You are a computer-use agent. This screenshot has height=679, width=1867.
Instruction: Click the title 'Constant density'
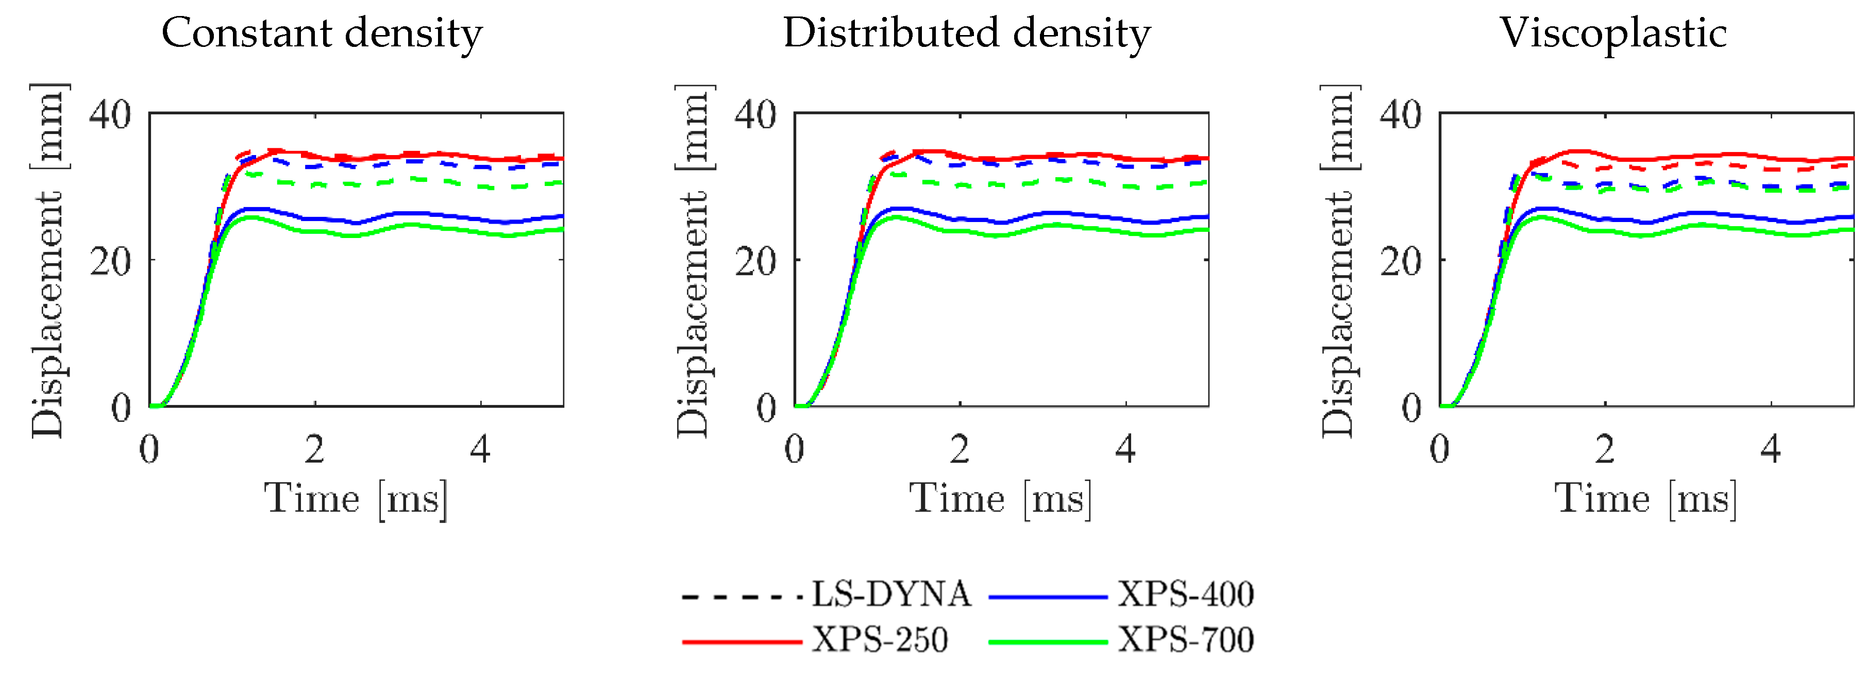pos(321,33)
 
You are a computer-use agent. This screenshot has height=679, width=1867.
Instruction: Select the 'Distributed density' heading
pos(966,33)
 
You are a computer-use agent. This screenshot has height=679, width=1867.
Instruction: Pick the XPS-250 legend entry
pos(879,640)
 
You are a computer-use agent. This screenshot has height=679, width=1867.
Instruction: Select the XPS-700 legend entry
pos(1186,640)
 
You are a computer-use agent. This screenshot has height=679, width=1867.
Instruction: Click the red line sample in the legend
pos(742,642)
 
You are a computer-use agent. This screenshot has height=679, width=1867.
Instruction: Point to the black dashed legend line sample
pos(742,597)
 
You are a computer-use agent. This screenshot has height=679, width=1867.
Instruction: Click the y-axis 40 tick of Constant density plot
pos(110,114)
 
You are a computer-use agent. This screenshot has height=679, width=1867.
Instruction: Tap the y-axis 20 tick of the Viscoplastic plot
pos(1400,262)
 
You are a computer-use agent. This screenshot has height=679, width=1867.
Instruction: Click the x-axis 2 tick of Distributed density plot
pos(960,450)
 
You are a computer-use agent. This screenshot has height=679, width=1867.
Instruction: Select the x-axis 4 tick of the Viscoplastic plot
pos(1771,450)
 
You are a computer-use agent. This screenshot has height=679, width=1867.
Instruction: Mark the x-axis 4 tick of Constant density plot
pos(480,450)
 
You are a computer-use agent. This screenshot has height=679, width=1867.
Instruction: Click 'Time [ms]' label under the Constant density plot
pos(355,499)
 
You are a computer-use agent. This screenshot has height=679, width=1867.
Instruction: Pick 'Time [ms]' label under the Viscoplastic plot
pos(1645,499)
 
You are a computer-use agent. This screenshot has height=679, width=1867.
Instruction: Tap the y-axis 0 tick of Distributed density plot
pos(767,408)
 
